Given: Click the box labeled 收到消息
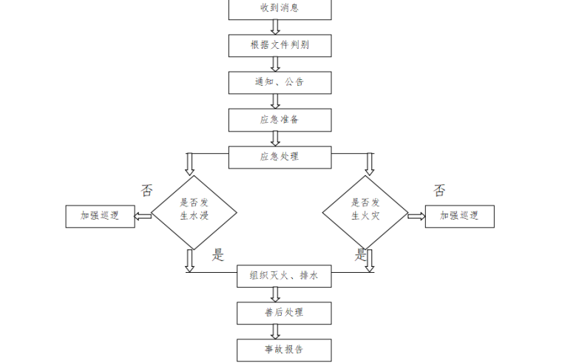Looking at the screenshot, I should coord(280,9).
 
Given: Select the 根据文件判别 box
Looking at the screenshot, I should coord(280,46).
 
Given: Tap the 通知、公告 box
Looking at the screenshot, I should coord(280,83).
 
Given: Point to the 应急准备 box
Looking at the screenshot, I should coord(280,120).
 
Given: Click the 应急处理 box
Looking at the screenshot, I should coord(280,157).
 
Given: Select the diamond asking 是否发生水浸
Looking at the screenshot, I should coord(194,212).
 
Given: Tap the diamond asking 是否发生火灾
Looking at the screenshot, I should coord(365,212).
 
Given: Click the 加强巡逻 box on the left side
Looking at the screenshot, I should coord(101,216).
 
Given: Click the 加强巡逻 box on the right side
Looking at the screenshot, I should coord(459,216).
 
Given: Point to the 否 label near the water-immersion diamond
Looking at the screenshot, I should coord(146,191).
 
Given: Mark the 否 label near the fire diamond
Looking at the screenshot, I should coord(439,191).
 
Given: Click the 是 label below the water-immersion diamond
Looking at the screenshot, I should coord(217,256).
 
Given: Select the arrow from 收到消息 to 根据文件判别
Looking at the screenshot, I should coord(276,27).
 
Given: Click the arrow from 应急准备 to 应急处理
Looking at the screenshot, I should coord(276,138).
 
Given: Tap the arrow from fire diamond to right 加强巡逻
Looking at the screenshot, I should coord(416,216).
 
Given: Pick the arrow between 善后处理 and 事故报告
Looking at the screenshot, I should coord(276,331).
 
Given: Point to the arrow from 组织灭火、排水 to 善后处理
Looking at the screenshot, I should coord(276,294).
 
